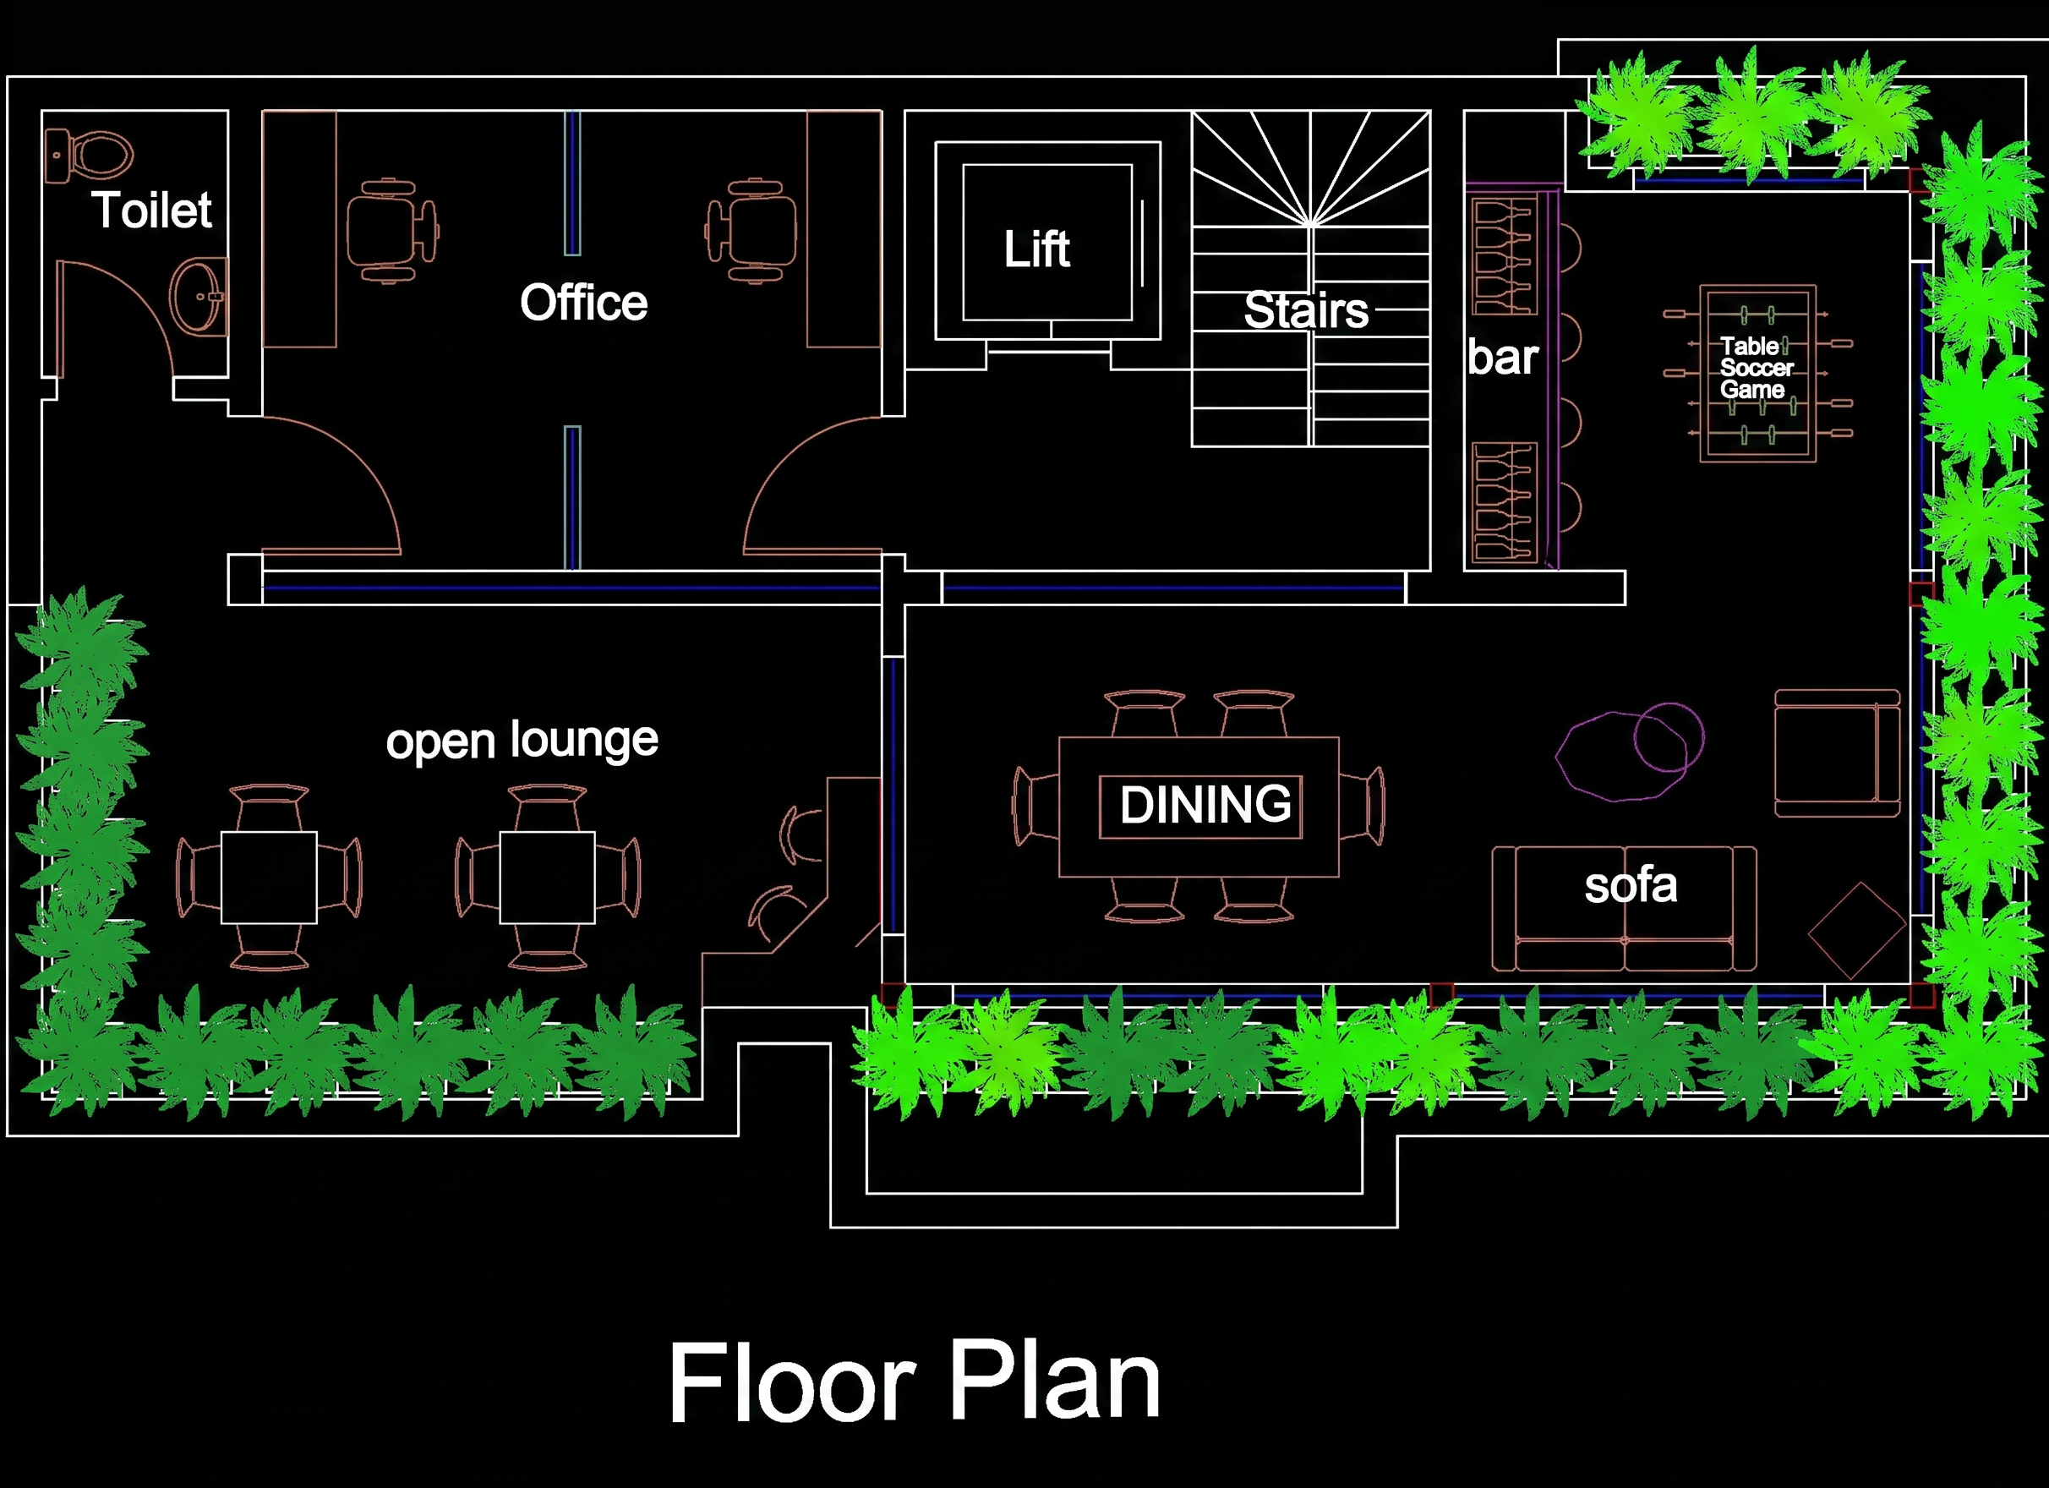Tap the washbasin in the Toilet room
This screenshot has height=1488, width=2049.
click(198, 295)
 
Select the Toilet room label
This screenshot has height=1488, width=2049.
click(152, 211)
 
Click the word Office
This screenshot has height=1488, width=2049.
click(583, 303)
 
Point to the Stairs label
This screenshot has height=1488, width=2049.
click(1305, 310)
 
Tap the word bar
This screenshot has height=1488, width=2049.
click(1502, 358)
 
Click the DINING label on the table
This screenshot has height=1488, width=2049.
click(1205, 804)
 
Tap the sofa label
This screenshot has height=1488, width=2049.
click(1631, 886)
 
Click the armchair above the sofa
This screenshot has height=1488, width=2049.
click(1837, 753)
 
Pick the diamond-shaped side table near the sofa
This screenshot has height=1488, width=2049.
click(1857, 931)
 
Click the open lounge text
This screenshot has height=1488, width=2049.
click(522, 741)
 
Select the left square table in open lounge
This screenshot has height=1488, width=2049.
click(269, 878)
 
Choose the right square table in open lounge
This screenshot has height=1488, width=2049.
click(548, 878)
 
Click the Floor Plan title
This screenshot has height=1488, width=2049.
click(915, 1382)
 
